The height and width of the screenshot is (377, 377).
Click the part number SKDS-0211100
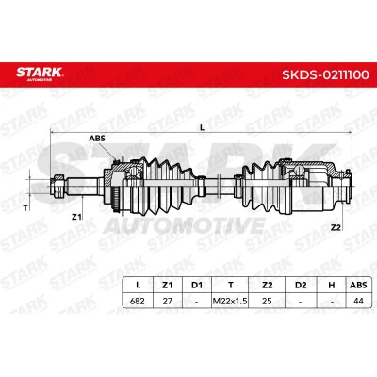(x=325, y=75)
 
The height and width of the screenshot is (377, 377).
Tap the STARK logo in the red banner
(x=40, y=74)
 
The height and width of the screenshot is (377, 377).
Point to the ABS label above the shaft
(x=97, y=139)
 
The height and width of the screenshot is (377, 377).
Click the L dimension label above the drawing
(x=203, y=127)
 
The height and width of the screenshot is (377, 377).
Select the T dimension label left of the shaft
(x=25, y=207)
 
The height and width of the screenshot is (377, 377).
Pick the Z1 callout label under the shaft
(x=76, y=217)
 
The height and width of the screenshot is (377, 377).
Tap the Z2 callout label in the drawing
(x=336, y=228)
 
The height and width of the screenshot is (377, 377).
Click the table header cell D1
(x=197, y=285)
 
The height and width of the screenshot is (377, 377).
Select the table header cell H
(x=332, y=285)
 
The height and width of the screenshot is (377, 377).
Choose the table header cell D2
(x=301, y=285)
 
